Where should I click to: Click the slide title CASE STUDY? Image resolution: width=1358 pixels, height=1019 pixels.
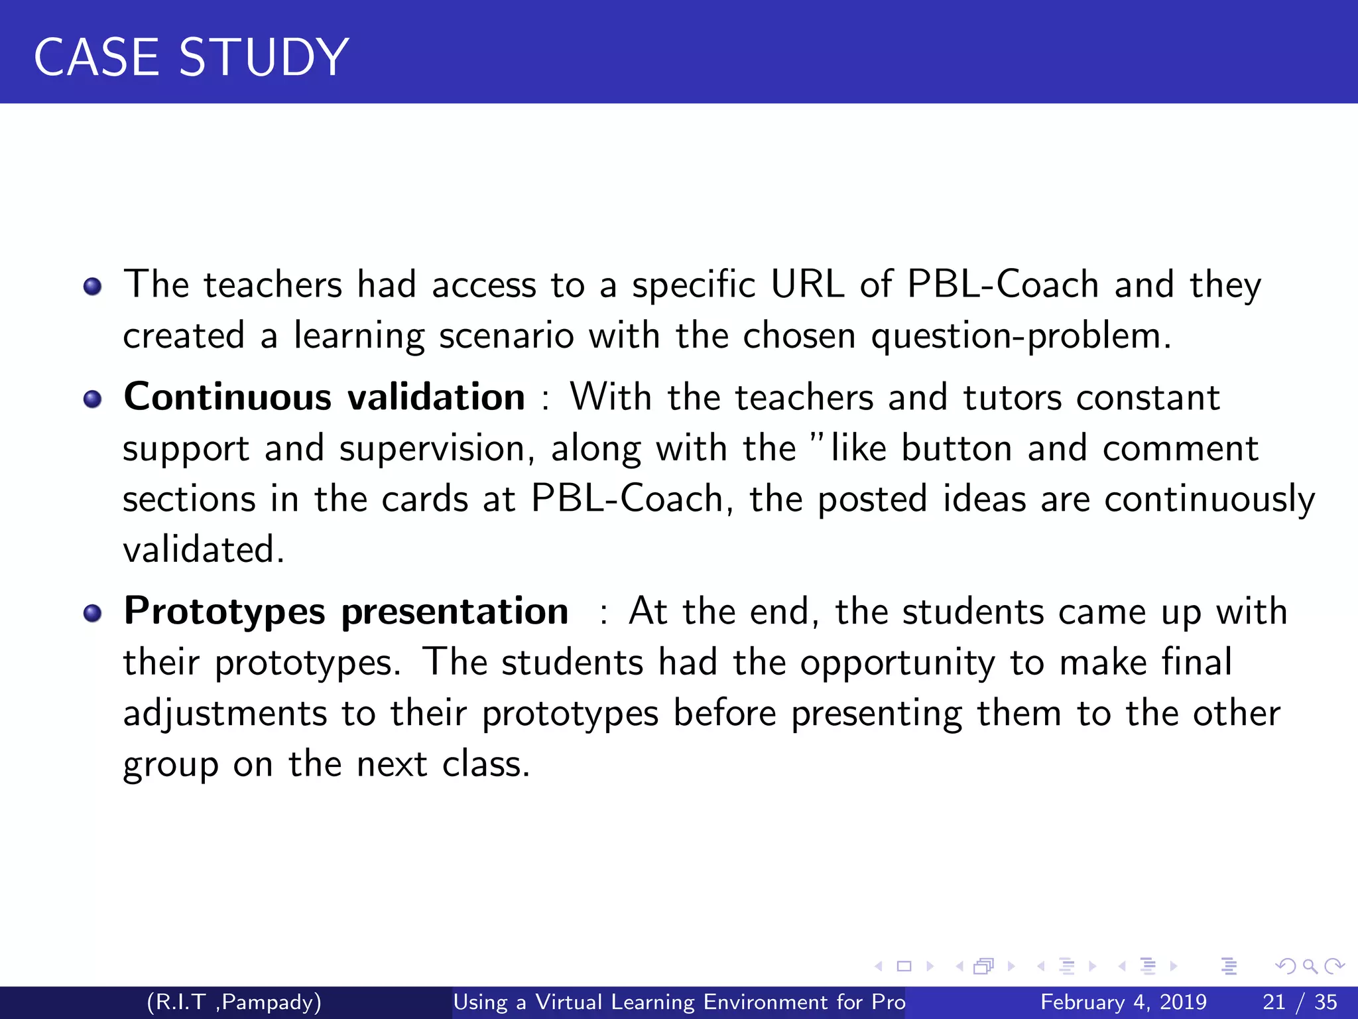pos(191,57)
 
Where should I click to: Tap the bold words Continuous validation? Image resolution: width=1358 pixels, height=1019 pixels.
pos(324,397)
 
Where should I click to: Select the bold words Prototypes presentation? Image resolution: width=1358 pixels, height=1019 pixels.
pos(345,611)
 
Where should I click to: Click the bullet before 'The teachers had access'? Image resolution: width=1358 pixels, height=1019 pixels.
pos(92,287)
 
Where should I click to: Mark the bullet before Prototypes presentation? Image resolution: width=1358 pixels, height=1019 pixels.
pos(92,613)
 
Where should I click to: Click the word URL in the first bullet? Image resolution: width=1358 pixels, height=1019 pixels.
pos(807,285)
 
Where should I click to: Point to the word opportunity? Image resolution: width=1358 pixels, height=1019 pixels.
pos(897,663)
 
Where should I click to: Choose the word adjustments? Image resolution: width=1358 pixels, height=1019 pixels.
pos(225,714)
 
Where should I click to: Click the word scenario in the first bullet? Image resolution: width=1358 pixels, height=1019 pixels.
pos(506,336)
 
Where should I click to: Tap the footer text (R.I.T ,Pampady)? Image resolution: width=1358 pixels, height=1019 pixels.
pos(234,1002)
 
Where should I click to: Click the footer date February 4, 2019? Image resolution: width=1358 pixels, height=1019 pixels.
pos(1123,1002)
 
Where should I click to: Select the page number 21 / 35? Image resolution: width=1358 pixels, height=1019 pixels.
pos(1300,1002)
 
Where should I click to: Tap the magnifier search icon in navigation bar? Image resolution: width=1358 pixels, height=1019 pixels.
pos(1310,966)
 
